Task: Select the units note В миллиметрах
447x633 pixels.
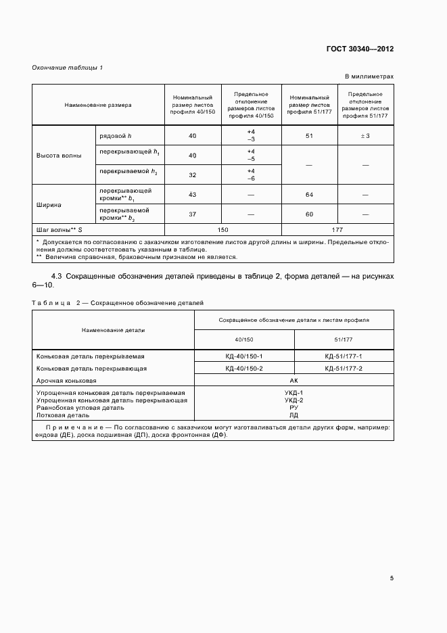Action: tap(369, 77)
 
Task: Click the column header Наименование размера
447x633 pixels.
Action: tap(98, 105)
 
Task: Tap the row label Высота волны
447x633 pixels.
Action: tap(59, 155)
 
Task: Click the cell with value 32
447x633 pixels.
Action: tap(193, 174)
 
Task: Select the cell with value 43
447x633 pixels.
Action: tap(193, 195)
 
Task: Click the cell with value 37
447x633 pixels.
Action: tap(193, 214)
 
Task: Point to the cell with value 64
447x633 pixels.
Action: tap(308, 195)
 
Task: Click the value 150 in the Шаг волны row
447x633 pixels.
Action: tap(222, 230)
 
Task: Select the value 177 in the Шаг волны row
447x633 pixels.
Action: tap(337, 230)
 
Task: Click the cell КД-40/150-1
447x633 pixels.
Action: tap(244, 356)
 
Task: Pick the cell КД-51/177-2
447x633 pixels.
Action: tap(344, 369)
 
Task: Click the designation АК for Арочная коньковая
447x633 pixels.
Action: tap(293, 381)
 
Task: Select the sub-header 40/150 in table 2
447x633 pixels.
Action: tap(244, 339)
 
